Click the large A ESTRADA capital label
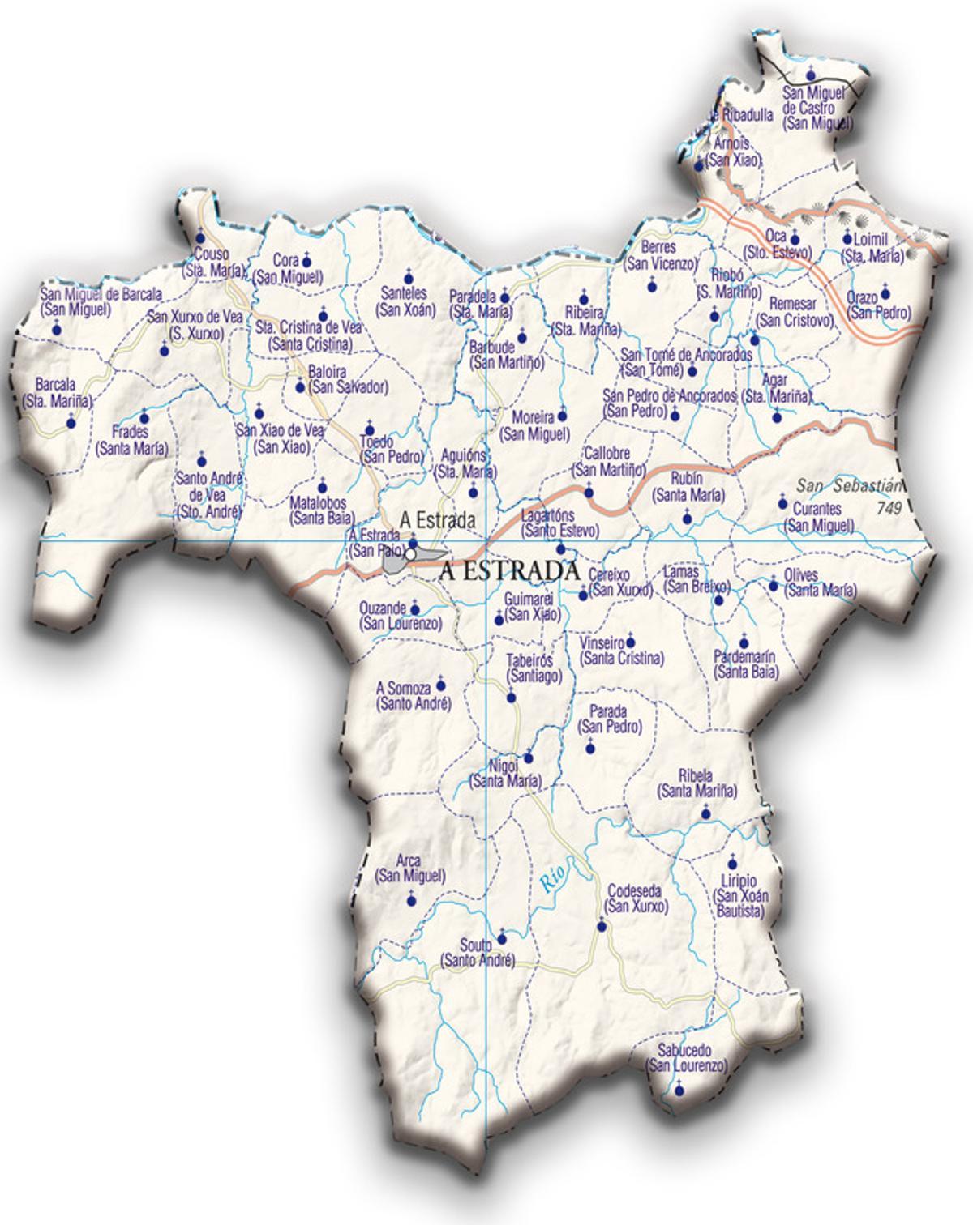click(509, 571)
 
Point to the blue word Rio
click(553, 878)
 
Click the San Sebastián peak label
click(848, 486)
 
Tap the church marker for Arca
click(410, 899)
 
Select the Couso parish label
click(207, 254)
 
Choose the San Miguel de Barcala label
click(101, 294)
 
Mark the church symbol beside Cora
click(306, 261)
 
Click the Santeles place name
click(405, 294)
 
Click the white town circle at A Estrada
click(411, 555)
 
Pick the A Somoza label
click(403, 689)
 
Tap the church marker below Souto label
click(501, 939)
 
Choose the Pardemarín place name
click(744, 656)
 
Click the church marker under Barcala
click(71, 421)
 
